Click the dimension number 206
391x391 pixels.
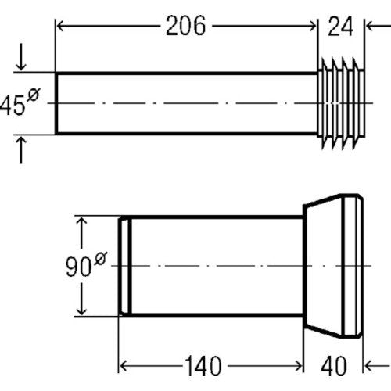(185, 26)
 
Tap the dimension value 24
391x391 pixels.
(341, 26)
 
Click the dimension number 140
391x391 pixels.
(203, 366)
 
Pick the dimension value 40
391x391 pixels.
(334, 366)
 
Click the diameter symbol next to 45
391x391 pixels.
(34, 95)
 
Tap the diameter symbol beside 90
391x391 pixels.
(101, 258)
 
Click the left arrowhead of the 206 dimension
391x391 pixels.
(60, 26)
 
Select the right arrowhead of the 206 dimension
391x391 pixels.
(312, 26)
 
